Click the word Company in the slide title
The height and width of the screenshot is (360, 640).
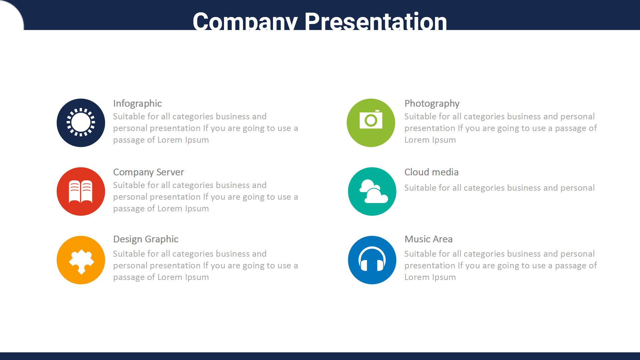[245, 21]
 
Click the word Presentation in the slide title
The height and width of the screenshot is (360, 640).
[376, 21]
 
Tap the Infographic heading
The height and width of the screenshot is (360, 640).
[137, 104]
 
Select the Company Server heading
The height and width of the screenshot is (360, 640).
[148, 172]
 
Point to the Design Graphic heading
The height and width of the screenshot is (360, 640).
[146, 239]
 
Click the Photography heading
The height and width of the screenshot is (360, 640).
[432, 104]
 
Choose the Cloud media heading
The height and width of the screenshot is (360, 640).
[431, 172]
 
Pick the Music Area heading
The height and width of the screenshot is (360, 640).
[428, 239]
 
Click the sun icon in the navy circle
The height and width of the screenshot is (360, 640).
[81, 122]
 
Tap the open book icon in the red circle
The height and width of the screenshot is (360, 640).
[81, 192]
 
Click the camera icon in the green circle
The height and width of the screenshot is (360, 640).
[371, 120]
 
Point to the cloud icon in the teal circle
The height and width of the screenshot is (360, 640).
[373, 191]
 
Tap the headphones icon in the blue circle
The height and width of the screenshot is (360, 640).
[372, 259]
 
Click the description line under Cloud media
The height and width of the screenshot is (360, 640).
[499, 188]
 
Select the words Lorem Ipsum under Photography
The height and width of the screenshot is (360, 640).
[430, 140]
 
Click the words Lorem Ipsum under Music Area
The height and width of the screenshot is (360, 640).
[430, 277]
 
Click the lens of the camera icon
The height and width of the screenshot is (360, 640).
[371, 120]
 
